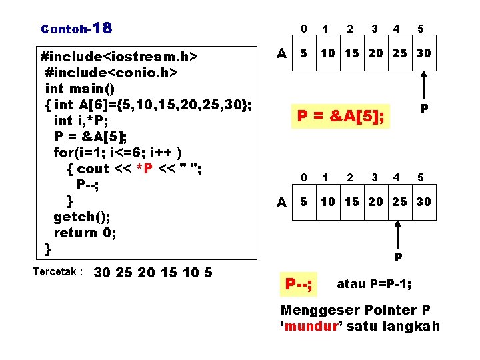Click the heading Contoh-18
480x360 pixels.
77,29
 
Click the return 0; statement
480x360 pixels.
85,233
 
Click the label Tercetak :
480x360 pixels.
57,272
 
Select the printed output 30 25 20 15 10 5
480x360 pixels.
153,272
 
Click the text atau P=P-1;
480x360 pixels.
374,284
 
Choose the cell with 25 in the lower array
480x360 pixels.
399,201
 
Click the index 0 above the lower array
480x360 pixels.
304,177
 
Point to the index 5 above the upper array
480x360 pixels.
421,29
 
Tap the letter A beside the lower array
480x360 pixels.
282,201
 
